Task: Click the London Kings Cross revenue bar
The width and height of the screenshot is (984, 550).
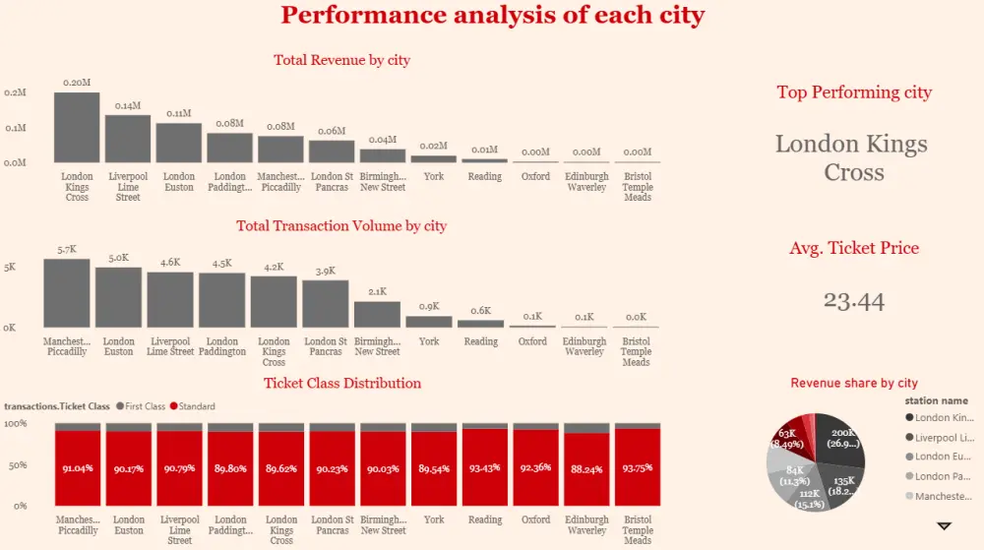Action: tap(77, 128)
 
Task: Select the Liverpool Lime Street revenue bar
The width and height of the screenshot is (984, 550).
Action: tap(128, 139)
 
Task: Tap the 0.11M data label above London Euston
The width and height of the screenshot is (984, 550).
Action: tap(179, 113)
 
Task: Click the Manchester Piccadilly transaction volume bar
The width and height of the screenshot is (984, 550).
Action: tap(67, 293)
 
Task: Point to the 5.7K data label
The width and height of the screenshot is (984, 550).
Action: tap(67, 250)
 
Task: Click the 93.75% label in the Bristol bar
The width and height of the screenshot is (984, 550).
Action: tap(638, 468)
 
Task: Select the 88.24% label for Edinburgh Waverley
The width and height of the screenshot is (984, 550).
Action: tap(586, 469)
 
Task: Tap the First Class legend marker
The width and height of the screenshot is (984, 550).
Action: tap(120, 406)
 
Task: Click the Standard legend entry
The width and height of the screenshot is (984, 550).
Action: tap(192, 406)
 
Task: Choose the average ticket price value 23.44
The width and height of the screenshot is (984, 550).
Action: tap(854, 301)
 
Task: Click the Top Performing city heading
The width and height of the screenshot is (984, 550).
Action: tap(854, 92)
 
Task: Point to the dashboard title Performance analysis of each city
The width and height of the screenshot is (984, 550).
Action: tap(493, 15)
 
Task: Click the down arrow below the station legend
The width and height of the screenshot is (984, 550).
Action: tap(944, 526)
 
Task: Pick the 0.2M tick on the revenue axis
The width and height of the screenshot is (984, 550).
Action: tap(16, 92)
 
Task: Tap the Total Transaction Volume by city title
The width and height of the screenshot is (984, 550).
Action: tap(341, 226)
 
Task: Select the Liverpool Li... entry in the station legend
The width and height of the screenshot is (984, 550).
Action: tap(945, 437)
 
